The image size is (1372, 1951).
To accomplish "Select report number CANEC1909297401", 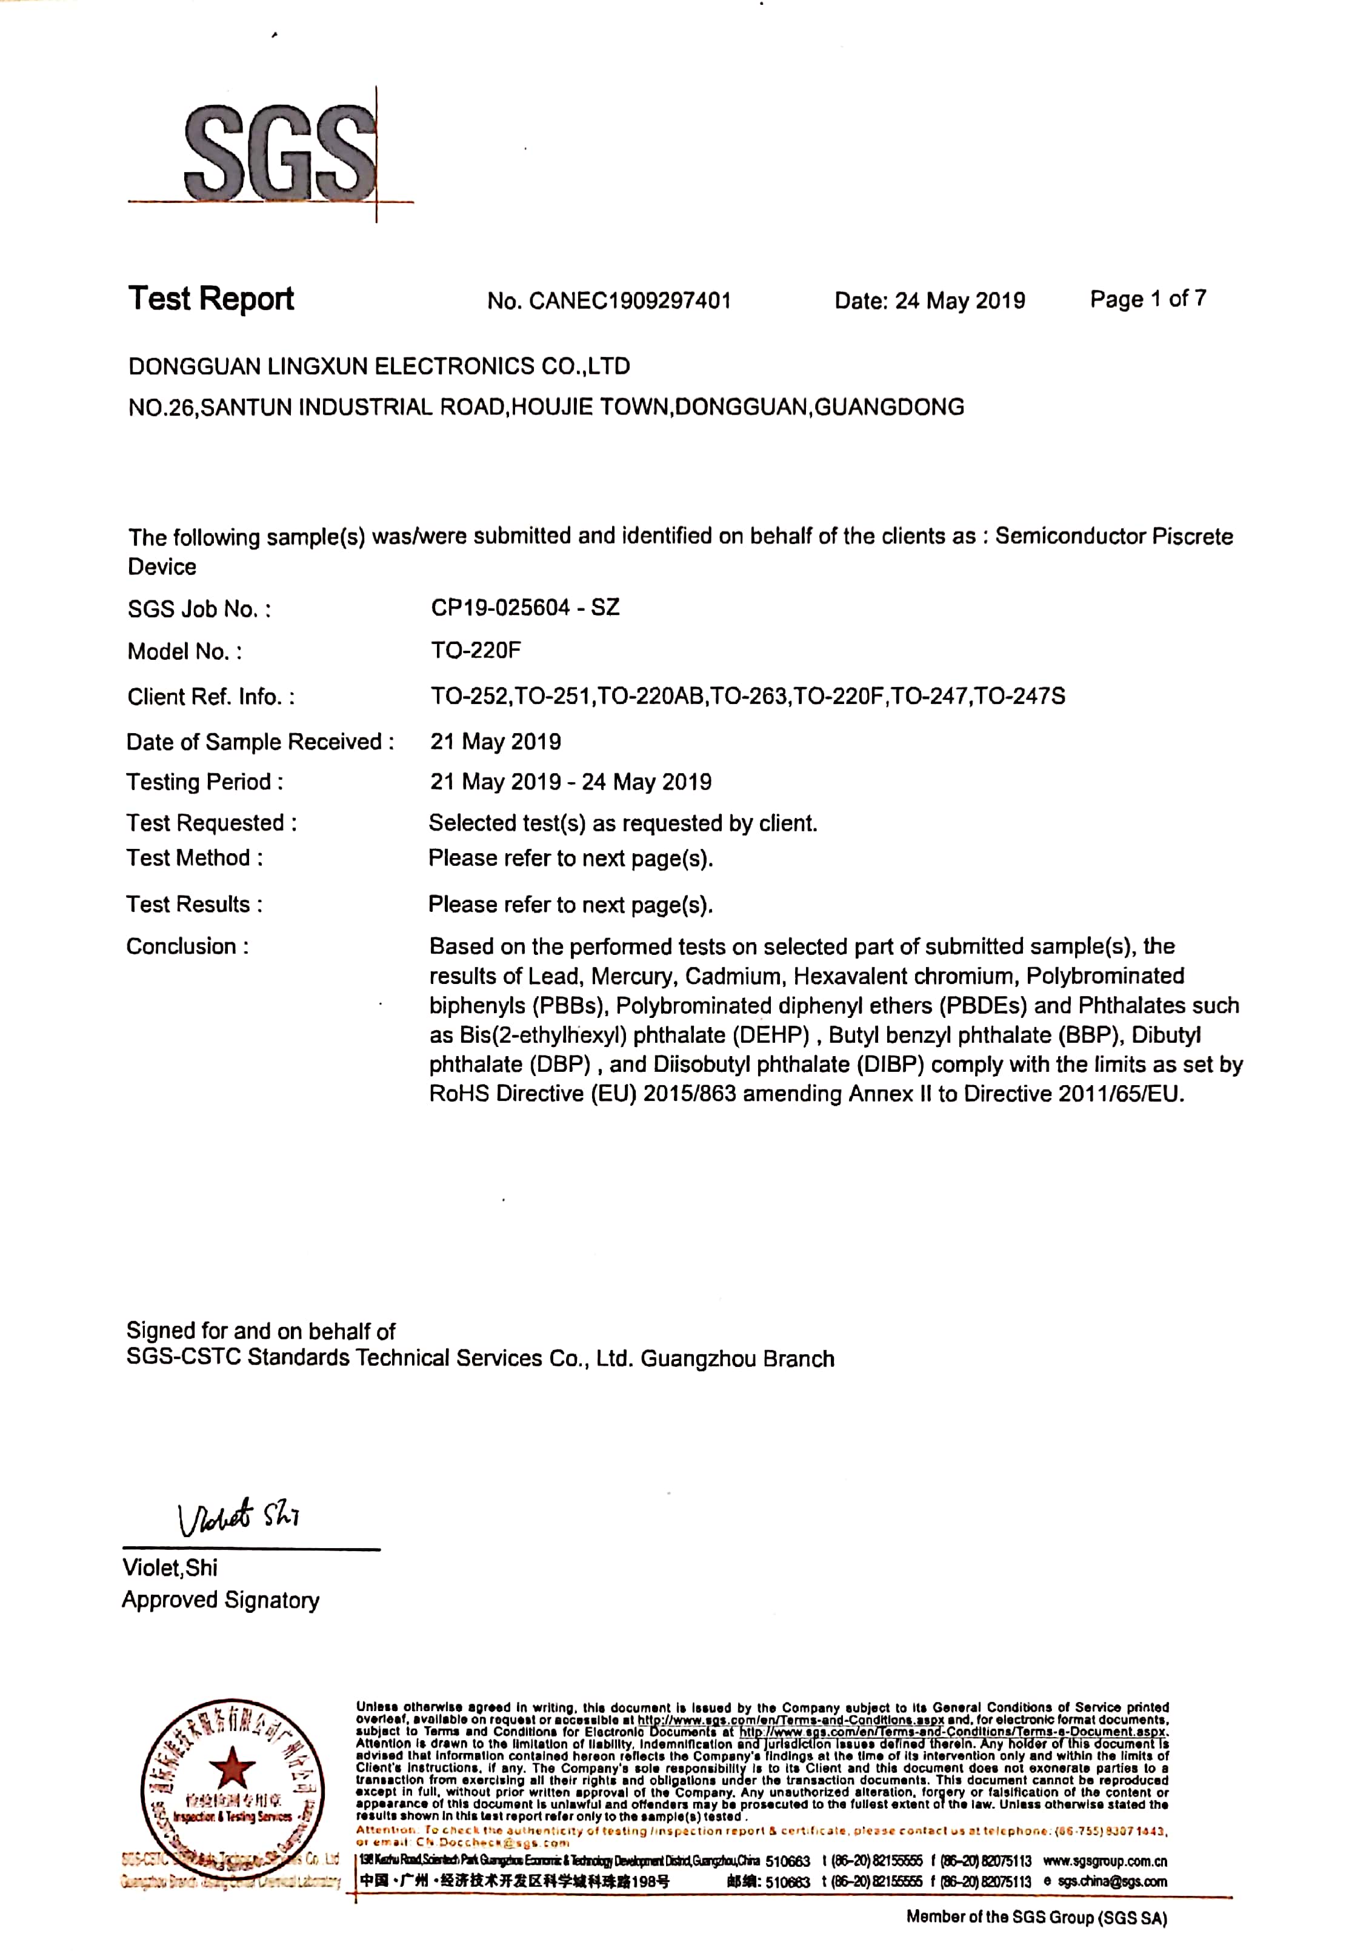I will pyautogui.click(x=629, y=301).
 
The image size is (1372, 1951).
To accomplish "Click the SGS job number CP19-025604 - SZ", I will pyautogui.click(x=524, y=608).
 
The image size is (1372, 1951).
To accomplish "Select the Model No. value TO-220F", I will pyautogui.click(x=475, y=651).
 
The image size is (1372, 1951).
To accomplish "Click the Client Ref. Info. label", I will pyautogui.click(x=211, y=697).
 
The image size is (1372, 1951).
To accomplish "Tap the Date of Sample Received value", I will pyautogui.click(x=495, y=742).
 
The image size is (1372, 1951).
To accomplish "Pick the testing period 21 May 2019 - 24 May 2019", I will pyautogui.click(x=570, y=782).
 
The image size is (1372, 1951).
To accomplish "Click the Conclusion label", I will pyautogui.click(x=187, y=946).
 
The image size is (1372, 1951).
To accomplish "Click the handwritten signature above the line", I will pyautogui.click(x=238, y=1516).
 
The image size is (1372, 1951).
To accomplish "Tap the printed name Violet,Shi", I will pyautogui.click(x=170, y=1568).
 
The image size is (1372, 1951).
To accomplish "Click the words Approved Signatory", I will pyautogui.click(x=220, y=1600).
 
